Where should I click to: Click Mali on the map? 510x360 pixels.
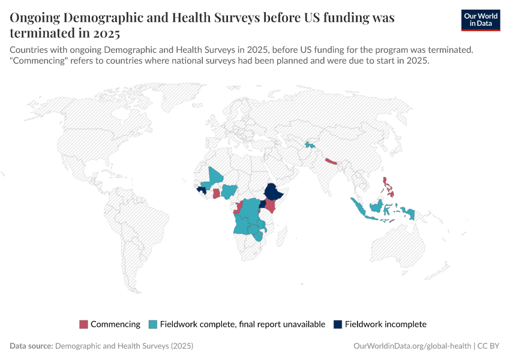(214, 178)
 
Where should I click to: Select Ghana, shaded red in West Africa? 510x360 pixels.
(216, 194)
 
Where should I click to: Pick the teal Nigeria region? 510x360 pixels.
(229, 191)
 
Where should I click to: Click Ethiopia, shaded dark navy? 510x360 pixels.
(274, 191)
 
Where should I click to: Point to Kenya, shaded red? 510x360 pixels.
(270, 206)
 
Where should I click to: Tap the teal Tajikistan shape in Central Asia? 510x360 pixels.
(310, 145)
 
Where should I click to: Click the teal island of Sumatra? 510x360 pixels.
(358, 208)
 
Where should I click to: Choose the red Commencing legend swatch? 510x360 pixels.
(83, 325)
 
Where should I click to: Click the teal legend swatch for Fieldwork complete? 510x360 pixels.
(153, 325)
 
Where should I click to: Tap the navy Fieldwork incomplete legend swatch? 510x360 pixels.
(338, 325)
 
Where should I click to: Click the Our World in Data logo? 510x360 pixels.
(480, 19)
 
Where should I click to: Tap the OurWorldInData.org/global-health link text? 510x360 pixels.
(411, 346)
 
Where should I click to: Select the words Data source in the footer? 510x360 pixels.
(31, 346)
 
